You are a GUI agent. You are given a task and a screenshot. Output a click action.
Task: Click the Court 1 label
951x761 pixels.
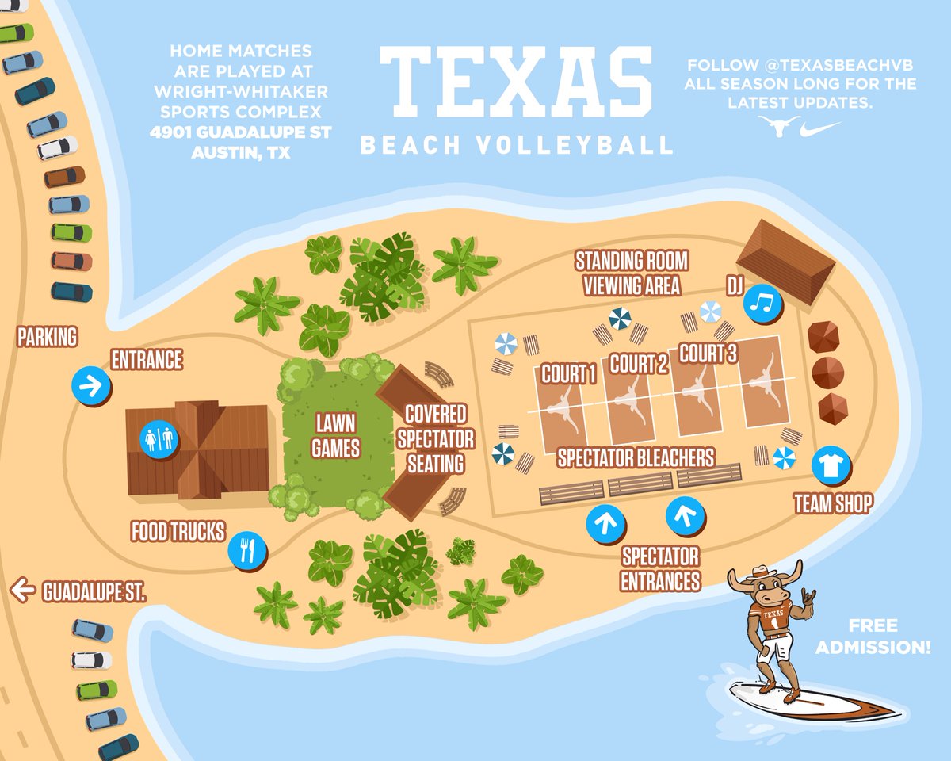[568, 373]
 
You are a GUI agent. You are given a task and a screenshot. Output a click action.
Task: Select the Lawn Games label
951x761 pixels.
[336, 435]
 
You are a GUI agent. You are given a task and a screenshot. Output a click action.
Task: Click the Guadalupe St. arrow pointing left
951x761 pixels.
[23, 591]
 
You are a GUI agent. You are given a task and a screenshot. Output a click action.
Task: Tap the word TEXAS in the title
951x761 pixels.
[515, 81]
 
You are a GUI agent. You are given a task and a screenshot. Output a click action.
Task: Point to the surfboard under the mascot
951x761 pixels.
[808, 701]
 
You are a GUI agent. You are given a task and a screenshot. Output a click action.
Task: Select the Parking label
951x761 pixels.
[48, 337]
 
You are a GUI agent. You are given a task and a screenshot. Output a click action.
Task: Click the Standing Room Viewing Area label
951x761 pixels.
[632, 273]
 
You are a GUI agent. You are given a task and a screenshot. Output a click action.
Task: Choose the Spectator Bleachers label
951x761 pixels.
[636, 457]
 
